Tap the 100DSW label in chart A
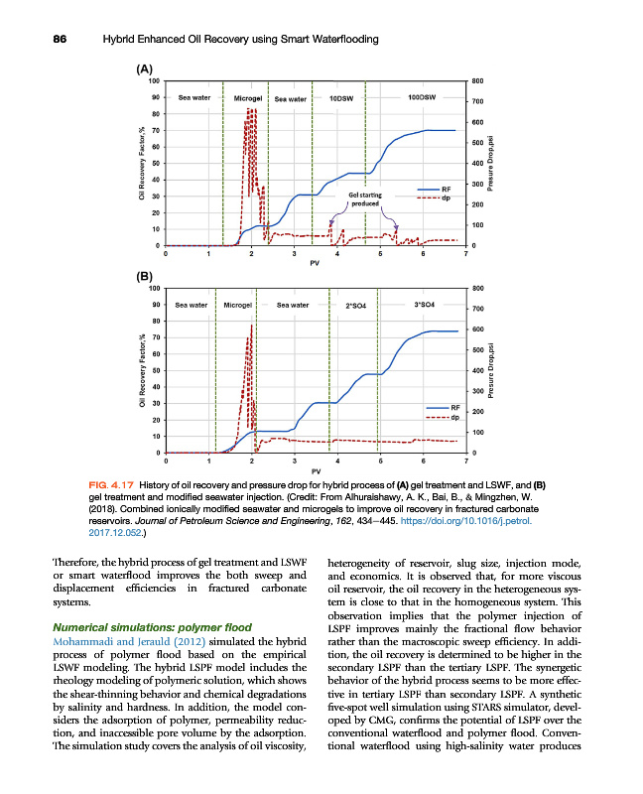(x=423, y=98)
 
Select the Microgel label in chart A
(x=247, y=99)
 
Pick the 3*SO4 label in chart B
(x=423, y=304)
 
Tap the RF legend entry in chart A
(x=446, y=189)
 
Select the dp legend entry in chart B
(x=454, y=418)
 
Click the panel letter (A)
(x=144, y=69)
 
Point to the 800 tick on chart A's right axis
(x=477, y=80)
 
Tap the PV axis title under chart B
(x=316, y=470)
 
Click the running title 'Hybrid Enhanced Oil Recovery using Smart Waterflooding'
(x=238, y=39)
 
